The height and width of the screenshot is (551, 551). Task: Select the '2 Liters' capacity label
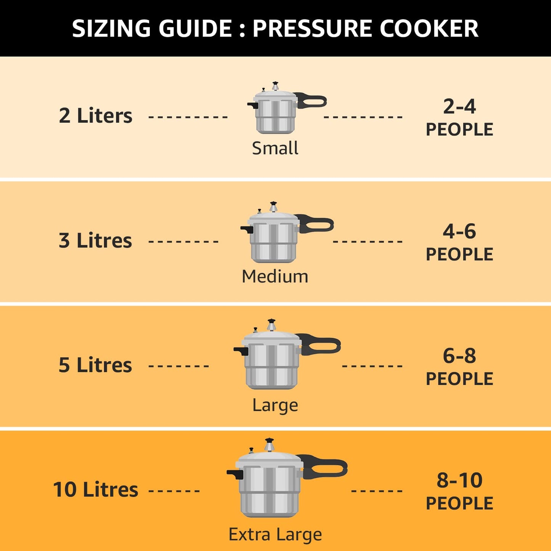(95, 116)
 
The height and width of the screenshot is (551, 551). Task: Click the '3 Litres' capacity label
(95, 241)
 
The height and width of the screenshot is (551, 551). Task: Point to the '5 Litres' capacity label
(95, 365)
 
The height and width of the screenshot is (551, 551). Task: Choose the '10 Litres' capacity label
(95, 490)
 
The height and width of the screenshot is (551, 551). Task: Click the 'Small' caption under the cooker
(275, 148)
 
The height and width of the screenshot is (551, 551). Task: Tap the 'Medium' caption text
(275, 276)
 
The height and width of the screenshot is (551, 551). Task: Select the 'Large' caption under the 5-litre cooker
(275, 405)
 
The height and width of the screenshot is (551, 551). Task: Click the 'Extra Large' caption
(275, 534)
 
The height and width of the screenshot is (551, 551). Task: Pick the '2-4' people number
(459, 106)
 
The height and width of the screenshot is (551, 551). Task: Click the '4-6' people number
(459, 231)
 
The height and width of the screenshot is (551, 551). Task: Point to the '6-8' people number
(459, 356)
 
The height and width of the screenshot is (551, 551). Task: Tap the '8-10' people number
(459, 480)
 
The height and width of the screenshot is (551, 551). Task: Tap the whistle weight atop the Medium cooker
(273, 207)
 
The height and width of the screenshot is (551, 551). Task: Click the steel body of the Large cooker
(271, 366)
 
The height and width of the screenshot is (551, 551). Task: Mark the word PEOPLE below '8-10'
(459, 503)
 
